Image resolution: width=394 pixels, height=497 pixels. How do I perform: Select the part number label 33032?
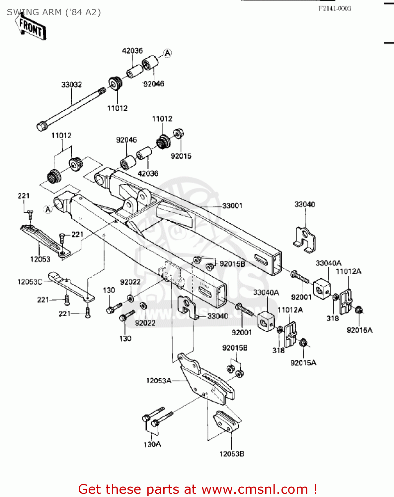click(x=71, y=85)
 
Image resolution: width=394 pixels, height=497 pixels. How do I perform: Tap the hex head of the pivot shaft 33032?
click(x=41, y=126)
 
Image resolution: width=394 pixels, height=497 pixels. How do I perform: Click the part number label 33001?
click(x=232, y=206)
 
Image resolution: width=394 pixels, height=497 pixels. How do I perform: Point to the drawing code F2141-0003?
click(x=335, y=9)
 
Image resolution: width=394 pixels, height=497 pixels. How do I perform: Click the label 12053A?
click(x=159, y=381)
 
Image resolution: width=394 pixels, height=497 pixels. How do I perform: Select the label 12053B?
click(x=232, y=454)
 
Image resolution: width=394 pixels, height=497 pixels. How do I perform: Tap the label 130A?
click(x=152, y=444)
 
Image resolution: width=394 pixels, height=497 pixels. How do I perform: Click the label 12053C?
click(x=30, y=282)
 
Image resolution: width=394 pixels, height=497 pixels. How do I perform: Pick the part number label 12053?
click(x=40, y=259)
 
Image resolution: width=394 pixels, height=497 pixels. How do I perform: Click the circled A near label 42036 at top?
click(x=168, y=53)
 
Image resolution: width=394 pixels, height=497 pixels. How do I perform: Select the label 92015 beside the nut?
click(x=181, y=156)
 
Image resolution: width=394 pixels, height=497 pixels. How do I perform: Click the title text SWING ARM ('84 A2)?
click(x=54, y=12)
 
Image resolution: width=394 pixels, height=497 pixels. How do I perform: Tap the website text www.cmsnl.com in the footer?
click(x=255, y=489)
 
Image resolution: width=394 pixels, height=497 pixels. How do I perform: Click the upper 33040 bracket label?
click(x=304, y=204)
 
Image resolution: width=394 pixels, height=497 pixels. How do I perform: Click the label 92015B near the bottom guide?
click(x=235, y=348)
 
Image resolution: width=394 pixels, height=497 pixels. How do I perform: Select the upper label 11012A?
click(x=349, y=271)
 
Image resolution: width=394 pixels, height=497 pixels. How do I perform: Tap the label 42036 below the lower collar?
click(x=148, y=173)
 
